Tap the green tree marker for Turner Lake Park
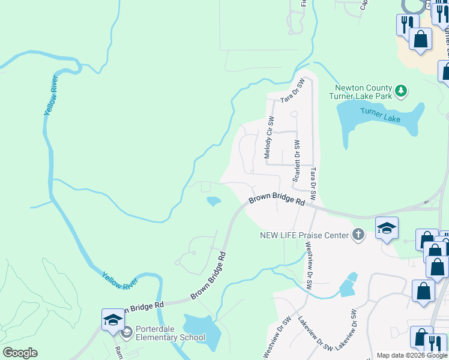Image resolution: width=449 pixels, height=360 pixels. pyautogui.click(x=402, y=92)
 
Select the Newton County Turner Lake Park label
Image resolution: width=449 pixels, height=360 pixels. pyautogui.click(x=361, y=92)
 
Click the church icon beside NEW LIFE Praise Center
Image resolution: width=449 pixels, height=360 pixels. pyautogui.click(x=358, y=235)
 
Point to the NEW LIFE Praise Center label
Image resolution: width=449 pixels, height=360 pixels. pyautogui.click(x=304, y=235)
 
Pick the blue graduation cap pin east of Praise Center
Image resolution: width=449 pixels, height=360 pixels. pyautogui.click(x=387, y=228)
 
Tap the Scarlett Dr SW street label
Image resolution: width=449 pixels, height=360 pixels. pyautogui.click(x=296, y=161)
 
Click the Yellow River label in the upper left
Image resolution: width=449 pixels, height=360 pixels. pyautogui.click(x=53, y=97)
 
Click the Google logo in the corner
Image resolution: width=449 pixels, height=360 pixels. pyautogui.click(x=20, y=353)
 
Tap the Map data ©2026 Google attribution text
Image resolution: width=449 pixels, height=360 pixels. pyautogui.click(x=412, y=356)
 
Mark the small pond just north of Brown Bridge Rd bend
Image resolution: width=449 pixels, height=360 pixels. pyautogui.click(x=213, y=201)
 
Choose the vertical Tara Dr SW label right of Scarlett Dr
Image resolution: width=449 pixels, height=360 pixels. pyautogui.click(x=313, y=184)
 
